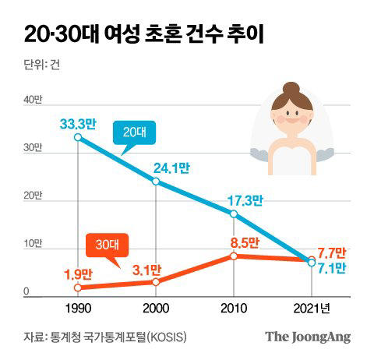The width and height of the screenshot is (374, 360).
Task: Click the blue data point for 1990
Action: [78, 137]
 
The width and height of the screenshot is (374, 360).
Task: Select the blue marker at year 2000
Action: [156, 182]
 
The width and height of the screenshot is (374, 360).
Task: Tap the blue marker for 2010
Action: [234, 214]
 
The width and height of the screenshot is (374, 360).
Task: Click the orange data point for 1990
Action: [78, 288]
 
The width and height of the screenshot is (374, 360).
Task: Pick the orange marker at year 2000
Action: [156, 282]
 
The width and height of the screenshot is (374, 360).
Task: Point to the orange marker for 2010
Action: [234, 256]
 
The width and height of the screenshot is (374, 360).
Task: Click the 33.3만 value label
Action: [78, 124]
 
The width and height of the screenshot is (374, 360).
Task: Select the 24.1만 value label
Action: [171, 168]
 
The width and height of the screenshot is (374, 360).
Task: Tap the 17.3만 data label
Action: [245, 200]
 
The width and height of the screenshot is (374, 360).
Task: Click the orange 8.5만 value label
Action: [245, 243]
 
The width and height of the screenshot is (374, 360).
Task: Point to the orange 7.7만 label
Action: [332, 253]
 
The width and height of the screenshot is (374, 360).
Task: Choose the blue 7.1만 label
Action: [332, 268]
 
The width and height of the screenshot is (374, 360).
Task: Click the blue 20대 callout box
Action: [134, 132]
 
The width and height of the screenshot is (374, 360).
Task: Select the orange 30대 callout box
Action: [107, 245]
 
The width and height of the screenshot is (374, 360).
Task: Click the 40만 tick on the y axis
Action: [33, 100]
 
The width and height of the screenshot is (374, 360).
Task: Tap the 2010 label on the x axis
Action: [234, 309]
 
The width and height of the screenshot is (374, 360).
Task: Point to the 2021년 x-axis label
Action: [312, 309]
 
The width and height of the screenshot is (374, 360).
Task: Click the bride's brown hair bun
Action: [291, 89]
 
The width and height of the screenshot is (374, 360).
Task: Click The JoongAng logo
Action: [308, 337]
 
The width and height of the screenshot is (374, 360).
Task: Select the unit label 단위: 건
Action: [42, 64]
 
